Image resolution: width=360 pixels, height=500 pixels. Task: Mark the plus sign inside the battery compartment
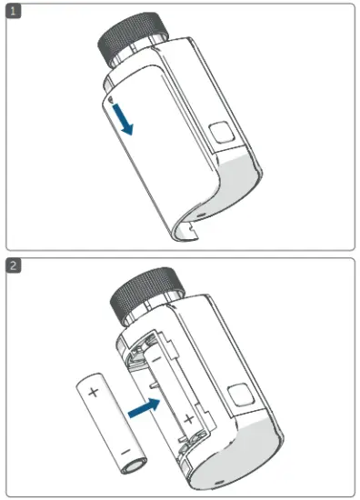pos(187,419)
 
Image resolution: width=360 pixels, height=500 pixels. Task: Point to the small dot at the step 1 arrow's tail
pos(111,96)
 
